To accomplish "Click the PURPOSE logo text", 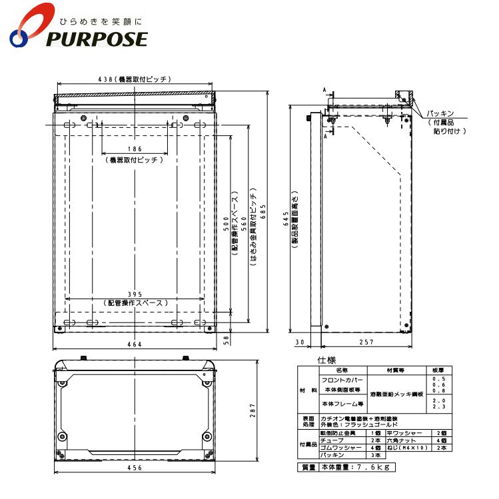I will [97, 39].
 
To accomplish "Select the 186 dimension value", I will [135, 149].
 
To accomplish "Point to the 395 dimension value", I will [136, 294].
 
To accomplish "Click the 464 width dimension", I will [135, 344].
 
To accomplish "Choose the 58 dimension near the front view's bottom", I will [227, 340].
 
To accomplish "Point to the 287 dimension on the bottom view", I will [252, 412].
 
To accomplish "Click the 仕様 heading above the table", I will [327, 360].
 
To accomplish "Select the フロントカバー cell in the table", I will [342, 378].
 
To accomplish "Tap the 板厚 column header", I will [437, 369].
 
